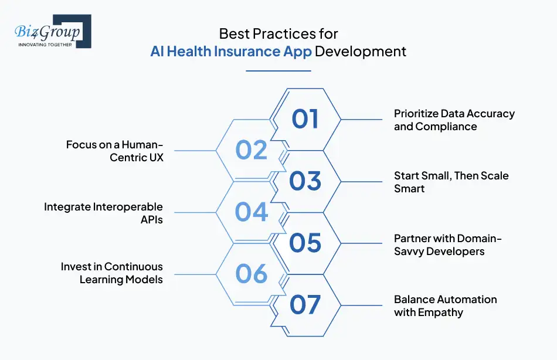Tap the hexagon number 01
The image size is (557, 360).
coord(305,119)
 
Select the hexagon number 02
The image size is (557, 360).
coord(251,150)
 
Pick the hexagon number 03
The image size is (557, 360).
coord(305,181)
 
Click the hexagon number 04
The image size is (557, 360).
coord(251,212)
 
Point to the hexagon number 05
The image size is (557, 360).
coord(305,243)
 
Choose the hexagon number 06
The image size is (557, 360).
coord(251,273)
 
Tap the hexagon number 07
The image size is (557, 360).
coord(305,304)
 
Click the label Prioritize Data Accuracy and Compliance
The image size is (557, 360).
coord(454,120)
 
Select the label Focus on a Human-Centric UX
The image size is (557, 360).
coord(114,151)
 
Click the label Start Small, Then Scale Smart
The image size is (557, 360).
coord(451,182)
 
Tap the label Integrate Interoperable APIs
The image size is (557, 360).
coord(104,212)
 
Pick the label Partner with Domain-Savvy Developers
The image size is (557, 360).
coord(448,244)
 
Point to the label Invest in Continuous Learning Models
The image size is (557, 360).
coord(112,273)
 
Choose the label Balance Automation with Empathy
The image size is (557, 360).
coord(445,305)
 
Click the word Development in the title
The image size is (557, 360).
coord(361,52)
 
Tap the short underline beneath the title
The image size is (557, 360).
coord(278,71)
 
